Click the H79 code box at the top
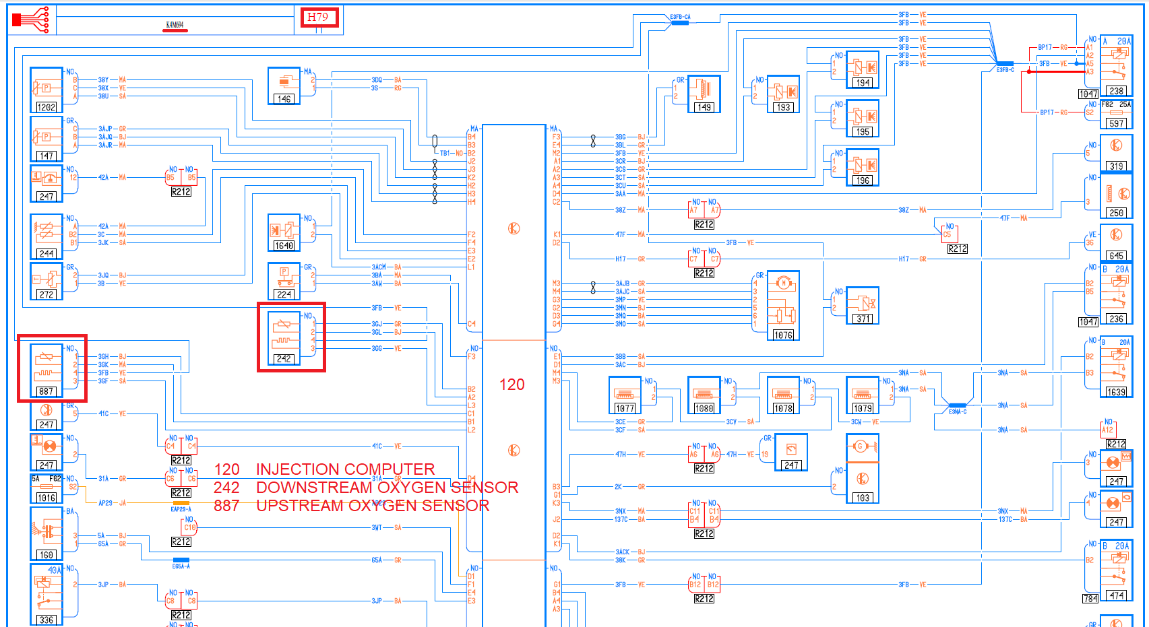click(x=317, y=18)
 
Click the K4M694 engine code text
click(x=175, y=25)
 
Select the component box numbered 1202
click(x=46, y=90)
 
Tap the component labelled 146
click(x=284, y=86)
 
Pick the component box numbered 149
click(x=704, y=94)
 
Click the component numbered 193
click(x=783, y=94)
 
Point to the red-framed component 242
click(x=291, y=337)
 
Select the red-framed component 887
click(x=52, y=368)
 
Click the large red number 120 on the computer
click(x=511, y=385)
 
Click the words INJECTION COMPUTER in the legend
click(x=345, y=469)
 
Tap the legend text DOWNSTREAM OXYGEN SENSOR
click(x=387, y=488)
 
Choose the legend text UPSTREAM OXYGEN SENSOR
click(x=373, y=506)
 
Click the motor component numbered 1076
click(x=782, y=305)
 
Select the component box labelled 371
click(x=862, y=305)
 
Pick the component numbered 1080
click(x=704, y=395)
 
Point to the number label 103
click(x=863, y=498)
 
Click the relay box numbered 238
click(x=1117, y=66)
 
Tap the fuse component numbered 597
click(x=1117, y=114)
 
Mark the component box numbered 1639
click(x=1117, y=367)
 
